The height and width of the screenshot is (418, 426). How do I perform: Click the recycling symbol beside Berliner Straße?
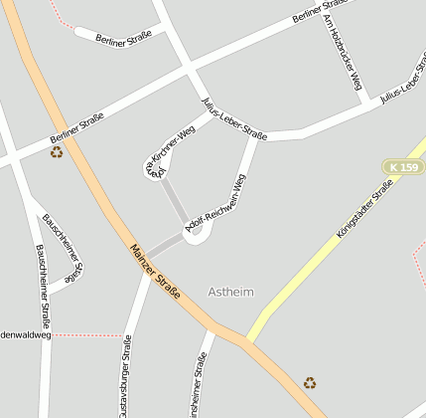coord(57,152)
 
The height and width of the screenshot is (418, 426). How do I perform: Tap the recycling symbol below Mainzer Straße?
coord(310,382)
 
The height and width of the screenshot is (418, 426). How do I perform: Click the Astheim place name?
coord(231,292)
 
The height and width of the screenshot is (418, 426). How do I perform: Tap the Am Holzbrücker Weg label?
coord(342,51)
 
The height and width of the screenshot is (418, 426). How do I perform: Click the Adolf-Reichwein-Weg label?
coord(216,207)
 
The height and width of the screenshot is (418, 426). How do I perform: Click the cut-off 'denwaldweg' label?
coord(25,335)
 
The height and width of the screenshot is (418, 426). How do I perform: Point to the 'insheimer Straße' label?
coord(199,388)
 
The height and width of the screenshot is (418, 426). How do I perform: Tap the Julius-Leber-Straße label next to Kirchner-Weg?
coord(234,119)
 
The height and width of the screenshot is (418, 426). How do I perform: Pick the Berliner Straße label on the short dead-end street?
coord(123,37)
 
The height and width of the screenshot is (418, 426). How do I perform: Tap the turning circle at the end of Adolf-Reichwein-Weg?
coord(194,234)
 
